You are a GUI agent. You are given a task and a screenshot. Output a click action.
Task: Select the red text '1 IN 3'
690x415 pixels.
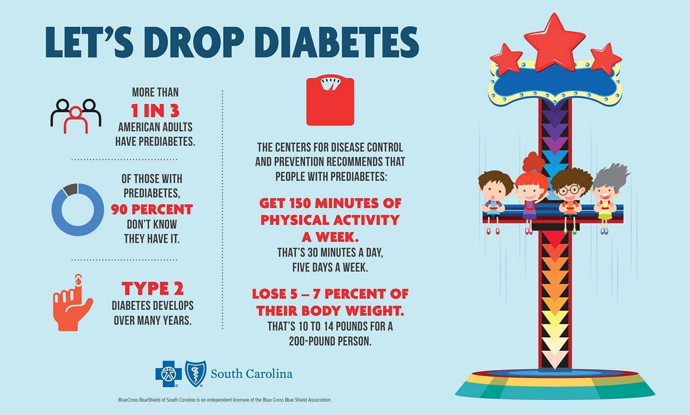tap(155, 111)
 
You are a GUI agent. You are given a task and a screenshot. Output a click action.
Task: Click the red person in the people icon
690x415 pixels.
tap(76, 120)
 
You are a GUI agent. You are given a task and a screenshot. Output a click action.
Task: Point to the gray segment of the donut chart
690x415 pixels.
tap(70, 189)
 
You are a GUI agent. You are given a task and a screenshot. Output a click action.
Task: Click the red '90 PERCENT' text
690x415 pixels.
tap(152, 209)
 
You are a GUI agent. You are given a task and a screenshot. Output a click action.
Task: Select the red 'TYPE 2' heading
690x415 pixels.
tap(153, 288)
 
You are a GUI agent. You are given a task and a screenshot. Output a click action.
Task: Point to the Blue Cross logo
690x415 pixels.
tap(168, 373)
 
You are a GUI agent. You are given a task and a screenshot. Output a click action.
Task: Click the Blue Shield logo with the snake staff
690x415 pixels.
tap(196, 373)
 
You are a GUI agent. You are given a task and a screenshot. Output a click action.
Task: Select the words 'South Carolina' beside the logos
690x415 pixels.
tap(252, 374)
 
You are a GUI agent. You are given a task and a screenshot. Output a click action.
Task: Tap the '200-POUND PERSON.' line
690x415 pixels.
tap(330, 341)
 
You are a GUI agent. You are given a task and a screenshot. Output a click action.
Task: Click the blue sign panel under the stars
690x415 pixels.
tap(555, 83)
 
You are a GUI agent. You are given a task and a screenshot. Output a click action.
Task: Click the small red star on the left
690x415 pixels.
tap(506, 59)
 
